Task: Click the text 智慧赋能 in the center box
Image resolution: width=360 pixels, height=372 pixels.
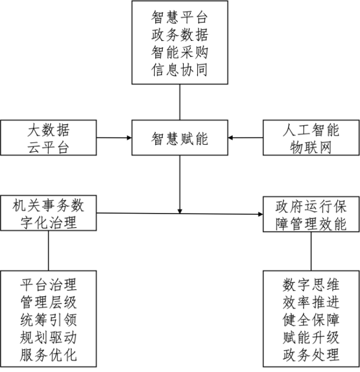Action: click(x=179, y=139)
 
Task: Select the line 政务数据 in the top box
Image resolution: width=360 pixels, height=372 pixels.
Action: click(x=179, y=35)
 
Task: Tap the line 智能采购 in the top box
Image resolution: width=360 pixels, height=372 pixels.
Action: click(x=179, y=52)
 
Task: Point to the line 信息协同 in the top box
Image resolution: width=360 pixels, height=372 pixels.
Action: click(x=179, y=70)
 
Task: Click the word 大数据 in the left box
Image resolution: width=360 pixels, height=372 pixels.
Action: click(x=49, y=130)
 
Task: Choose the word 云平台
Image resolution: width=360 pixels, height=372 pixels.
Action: click(x=49, y=148)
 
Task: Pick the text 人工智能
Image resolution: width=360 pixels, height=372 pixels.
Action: click(x=311, y=130)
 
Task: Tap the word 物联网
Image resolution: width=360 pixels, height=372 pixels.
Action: click(x=311, y=148)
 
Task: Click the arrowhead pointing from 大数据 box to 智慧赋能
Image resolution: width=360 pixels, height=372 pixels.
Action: click(x=130, y=137)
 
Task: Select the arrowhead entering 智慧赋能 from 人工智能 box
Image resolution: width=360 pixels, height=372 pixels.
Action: click(x=230, y=137)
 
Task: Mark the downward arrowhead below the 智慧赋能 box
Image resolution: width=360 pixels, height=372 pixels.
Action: click(x=180, y=211)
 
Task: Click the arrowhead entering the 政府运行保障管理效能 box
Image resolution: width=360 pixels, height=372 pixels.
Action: click(x=260, y=214)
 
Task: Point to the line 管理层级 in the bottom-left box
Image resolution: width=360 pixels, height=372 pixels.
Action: click(x=49, y=302)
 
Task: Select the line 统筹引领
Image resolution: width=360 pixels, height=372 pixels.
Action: click(x=49, y=320)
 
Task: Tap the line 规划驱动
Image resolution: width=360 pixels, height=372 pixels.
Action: click(x=49, y=337)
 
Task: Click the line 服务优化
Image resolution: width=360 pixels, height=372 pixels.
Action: click(x=49, y=355)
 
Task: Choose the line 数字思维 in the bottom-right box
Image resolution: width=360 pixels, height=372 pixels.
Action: click(x=311, y=284)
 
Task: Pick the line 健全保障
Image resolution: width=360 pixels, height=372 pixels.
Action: click(x=311, y=320)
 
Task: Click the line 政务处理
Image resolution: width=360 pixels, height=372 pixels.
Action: click(x=311, y=355)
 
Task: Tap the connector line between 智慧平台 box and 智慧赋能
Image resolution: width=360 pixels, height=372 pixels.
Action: click(x=180, y=102)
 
